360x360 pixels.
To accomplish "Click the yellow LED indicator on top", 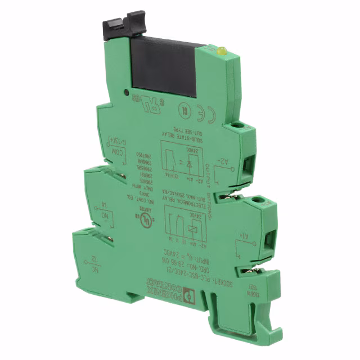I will (x=222, y=51).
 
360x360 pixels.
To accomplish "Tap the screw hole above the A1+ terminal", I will (x=259, y=201).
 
